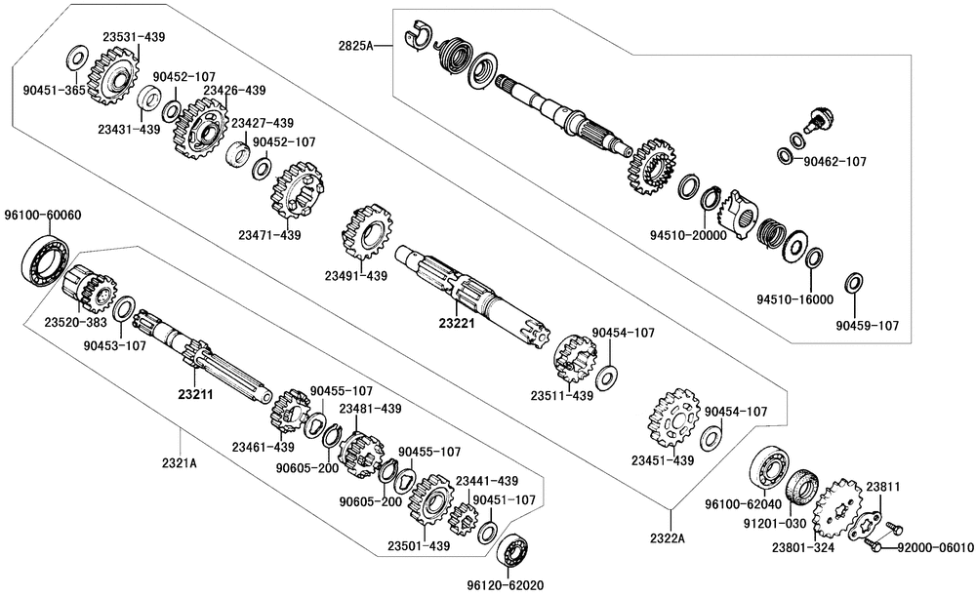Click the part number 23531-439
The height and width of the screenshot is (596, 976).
point(134,37)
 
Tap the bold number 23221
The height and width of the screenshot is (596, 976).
point(457,323)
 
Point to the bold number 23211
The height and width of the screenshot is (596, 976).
point(195,395)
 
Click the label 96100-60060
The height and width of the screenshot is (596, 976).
point(42,216)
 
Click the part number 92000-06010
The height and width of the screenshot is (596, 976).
point(937,547)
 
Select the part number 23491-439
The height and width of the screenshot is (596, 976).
point(356,276)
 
